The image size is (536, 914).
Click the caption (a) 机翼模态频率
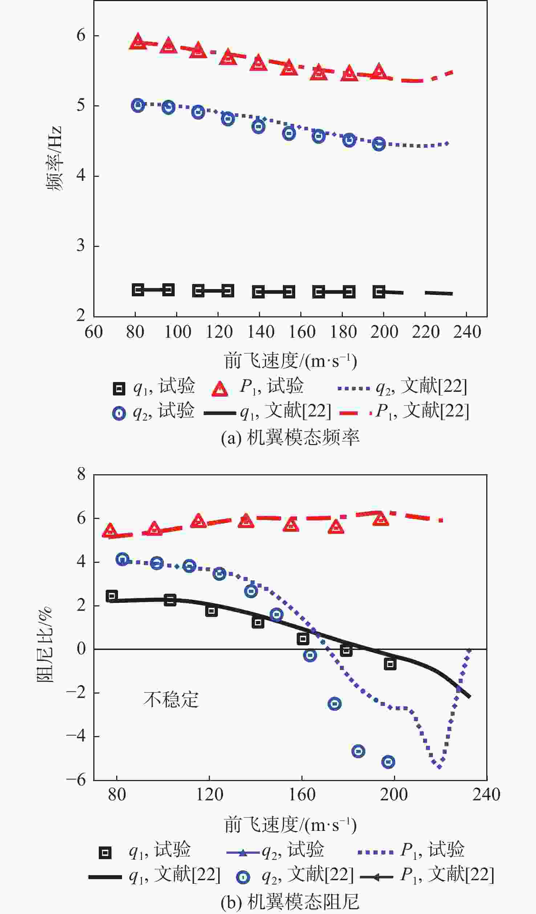(x=290, y=438)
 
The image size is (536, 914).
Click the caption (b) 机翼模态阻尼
(x=290, y=902)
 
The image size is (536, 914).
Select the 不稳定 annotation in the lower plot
(x=171, y=699)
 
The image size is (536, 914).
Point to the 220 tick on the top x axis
(x=426, y=332)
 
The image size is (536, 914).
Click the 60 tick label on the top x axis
(x=94, y=332)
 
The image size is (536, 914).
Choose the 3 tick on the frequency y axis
(x=81, y=246)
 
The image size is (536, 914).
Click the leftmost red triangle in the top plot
(x=138, y=41)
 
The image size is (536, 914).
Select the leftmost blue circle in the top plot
(x=138, y=105)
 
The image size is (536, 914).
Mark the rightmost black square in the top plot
(x=379, y=292)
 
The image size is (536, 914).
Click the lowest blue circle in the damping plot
(x=388, y=762)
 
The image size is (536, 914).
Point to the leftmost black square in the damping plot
(x=112, y=596)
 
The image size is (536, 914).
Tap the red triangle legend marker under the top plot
(x=220, y=389)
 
